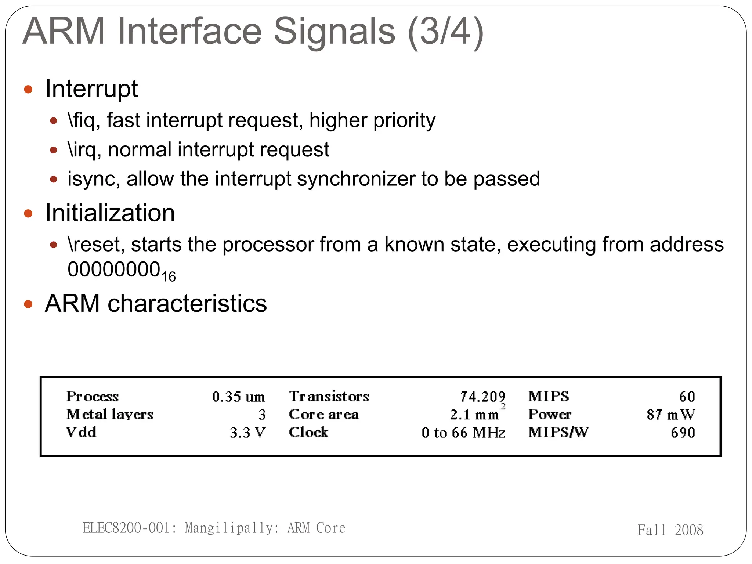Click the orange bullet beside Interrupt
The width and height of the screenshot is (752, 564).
pos(28,89)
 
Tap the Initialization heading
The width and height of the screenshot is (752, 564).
pos(110,213)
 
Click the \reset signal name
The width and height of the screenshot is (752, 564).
pos(96,245)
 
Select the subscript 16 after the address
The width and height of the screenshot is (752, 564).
pos(169,276)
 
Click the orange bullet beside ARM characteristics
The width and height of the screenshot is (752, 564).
pos(28,304)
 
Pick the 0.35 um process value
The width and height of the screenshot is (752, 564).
pos(238,397)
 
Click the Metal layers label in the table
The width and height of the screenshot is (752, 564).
pos(109,415)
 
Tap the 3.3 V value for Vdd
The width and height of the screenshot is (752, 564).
pos(247,433)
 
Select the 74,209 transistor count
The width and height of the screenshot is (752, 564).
pos(482,397)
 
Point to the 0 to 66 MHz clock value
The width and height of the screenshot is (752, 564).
pos(463,433)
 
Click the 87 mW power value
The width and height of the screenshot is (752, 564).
pos(670,415)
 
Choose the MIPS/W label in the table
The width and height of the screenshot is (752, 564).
pos(558,433)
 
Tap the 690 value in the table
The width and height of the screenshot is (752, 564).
pos(683,433)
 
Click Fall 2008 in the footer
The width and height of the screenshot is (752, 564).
pos(670,530)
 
